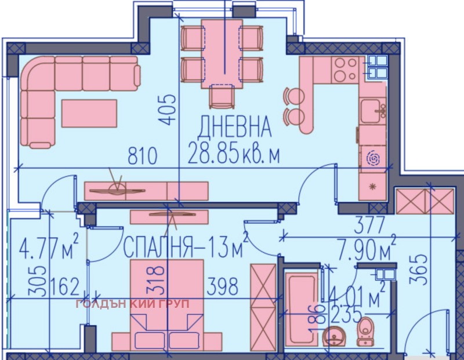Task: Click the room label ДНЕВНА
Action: point(234,127)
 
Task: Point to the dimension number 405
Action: point(168,110)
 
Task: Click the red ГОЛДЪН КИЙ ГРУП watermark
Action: point(133,303)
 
